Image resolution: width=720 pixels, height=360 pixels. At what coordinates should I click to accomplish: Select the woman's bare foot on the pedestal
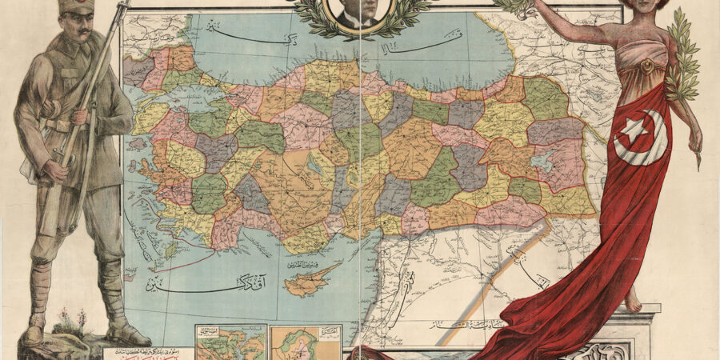633,302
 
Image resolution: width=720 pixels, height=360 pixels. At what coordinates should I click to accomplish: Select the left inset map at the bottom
231,342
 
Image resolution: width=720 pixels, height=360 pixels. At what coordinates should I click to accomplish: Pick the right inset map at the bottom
305,342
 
